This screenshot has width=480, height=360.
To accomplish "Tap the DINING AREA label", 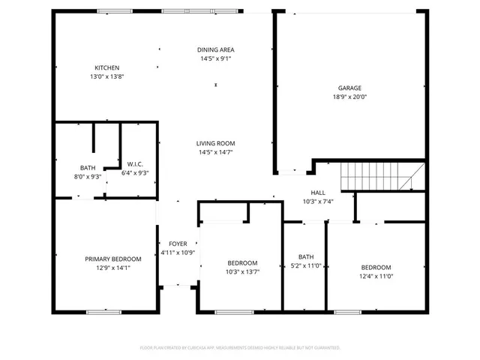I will [216, 49].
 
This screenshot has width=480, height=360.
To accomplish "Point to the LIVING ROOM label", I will [216, 143].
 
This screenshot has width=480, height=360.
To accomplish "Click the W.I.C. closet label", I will [135, 164].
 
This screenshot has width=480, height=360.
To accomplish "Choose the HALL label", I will [318, 192].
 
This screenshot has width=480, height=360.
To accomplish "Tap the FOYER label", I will [178, 244].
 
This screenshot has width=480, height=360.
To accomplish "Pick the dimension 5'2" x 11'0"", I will [306, 265].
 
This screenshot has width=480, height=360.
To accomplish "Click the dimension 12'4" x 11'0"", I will [376, 276].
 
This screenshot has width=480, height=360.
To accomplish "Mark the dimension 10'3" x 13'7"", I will [242, 271].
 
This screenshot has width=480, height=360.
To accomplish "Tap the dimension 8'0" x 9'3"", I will [88, 176].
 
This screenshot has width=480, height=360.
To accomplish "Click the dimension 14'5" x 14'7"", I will [216, 152].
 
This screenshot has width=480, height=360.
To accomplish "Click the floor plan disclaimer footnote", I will [240, 347].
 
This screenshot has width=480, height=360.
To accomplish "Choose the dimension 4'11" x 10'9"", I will [178, 253].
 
